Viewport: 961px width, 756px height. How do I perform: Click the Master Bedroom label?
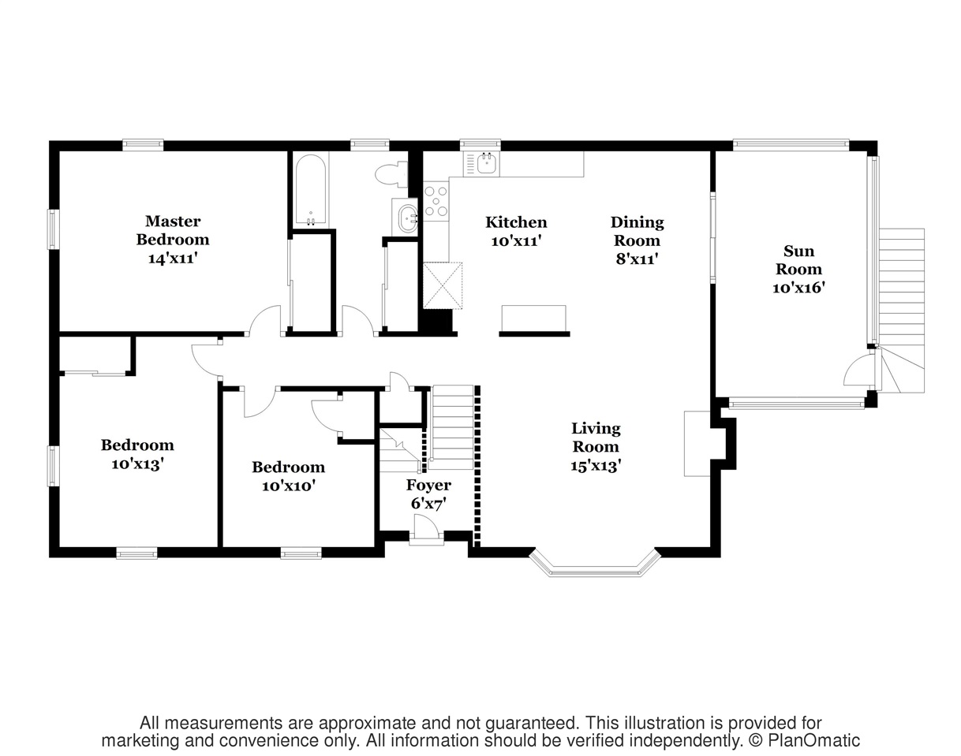(173, 230)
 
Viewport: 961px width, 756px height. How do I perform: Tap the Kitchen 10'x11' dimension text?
(516, 241)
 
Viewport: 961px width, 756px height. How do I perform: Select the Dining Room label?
(638, 231)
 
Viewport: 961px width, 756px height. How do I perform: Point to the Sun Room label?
(798, 259)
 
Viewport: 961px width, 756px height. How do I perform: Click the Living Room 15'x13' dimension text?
(596, 467)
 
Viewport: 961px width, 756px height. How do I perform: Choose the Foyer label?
(428, 485)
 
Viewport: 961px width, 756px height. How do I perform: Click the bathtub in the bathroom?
(310, 190)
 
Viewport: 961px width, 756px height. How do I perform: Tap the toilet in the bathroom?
(391, 174)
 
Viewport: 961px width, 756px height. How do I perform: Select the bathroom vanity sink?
(407, 218)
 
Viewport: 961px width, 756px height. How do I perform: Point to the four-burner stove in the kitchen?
(436, 202)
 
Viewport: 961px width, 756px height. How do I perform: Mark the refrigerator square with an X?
(443, 285)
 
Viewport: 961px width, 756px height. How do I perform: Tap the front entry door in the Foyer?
(427, 529)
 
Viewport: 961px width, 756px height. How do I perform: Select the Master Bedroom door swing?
(265, 320)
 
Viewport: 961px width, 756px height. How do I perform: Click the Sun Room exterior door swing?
(858, 371)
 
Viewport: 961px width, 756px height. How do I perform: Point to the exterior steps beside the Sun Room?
(902, 310)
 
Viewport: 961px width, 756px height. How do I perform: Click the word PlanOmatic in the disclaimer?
(813, 740)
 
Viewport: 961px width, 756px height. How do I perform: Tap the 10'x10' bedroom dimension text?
(289, 486)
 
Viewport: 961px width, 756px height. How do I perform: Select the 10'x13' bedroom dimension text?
(137, 464)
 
